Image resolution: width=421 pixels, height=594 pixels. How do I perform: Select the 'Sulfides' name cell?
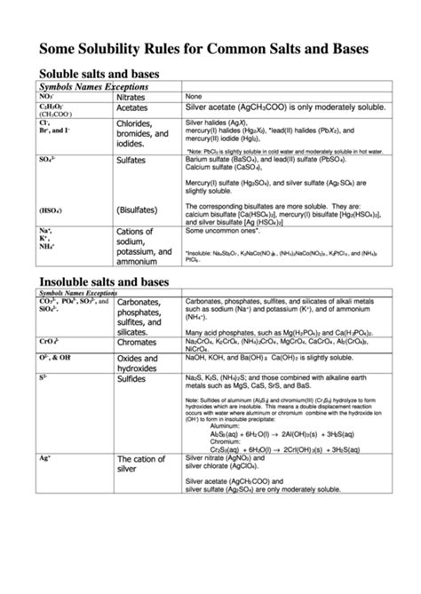coord(134,378)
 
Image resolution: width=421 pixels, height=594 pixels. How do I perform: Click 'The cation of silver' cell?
coord(140,464)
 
